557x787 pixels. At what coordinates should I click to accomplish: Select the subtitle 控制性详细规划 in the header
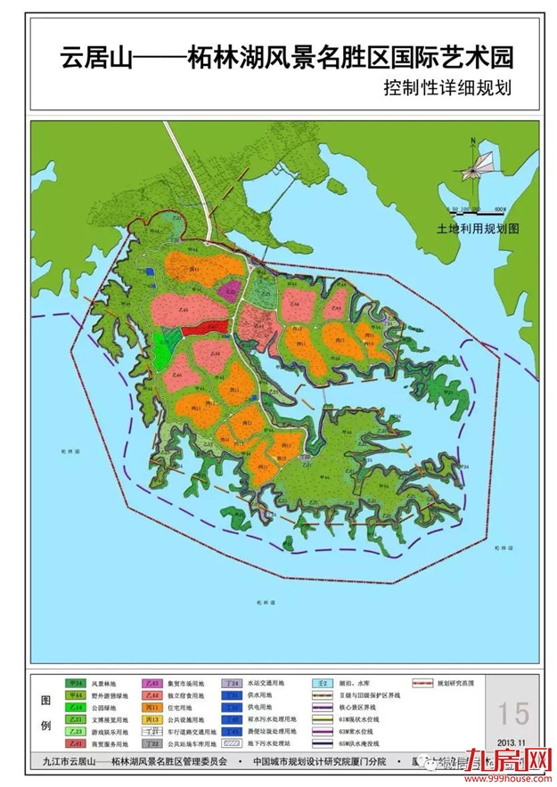point(449,89)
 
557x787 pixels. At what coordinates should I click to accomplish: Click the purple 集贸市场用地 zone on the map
point(230,289)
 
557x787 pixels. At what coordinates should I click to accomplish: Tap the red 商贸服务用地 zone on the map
point(198,329)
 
